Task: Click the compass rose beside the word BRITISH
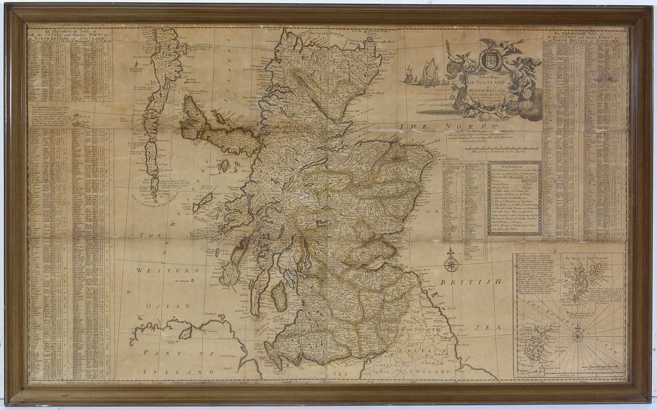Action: (x=451, y=264)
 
